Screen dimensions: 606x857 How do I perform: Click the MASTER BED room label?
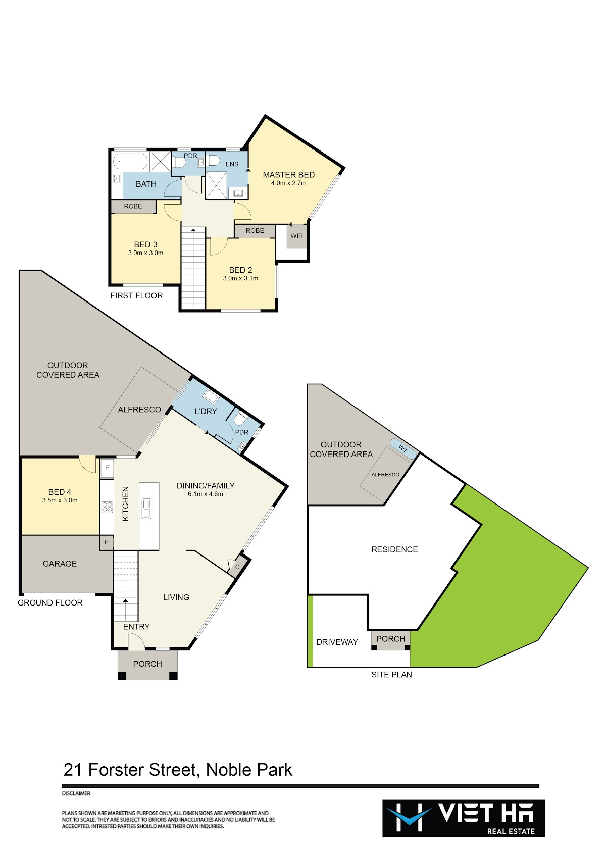[x=288, y=175]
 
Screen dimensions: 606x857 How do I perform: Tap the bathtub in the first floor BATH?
[x=130, y=162]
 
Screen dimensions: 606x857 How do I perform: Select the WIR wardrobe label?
[x=296, y=236]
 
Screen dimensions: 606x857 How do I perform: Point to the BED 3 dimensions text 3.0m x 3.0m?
[x=145, y=253]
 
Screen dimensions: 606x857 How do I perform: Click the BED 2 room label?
[x=240, y=270]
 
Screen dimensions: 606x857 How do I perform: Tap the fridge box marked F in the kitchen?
[x=107, y=468]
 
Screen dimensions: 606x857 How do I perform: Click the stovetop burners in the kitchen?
[x=107, y=508]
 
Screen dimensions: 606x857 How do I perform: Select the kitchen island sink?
[x=146, y=509]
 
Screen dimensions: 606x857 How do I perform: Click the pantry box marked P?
[x=107, y=542]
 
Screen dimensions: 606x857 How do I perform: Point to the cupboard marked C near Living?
[x=237, y=567]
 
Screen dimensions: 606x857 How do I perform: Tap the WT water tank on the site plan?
[x=403, y=448]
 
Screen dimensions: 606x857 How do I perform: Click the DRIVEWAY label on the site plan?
[x=337, y=642]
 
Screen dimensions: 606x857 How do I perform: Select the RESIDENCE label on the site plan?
[x=394, y=549]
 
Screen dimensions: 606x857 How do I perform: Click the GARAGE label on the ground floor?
[x=60, y=564]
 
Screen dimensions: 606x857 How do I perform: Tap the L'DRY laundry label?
[x=206, y=411]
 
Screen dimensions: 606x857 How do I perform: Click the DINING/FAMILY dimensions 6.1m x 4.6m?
[x=206, y=494]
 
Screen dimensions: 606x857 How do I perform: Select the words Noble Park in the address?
[x=249, y=770]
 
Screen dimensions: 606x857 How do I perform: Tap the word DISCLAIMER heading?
[x=76, y=793]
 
